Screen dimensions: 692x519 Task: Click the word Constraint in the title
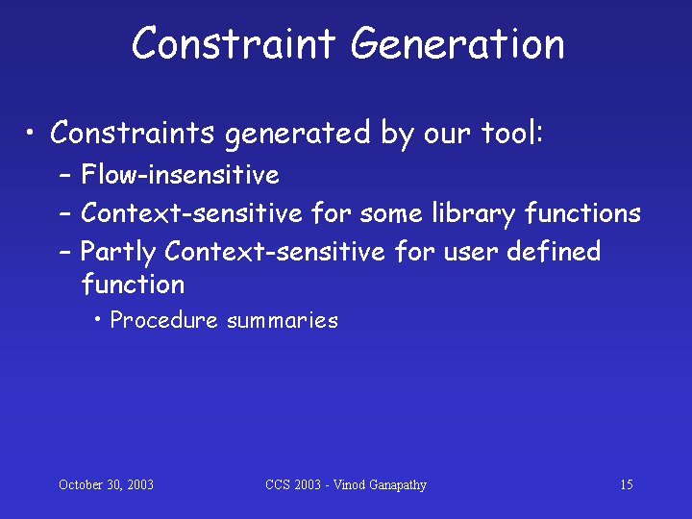233,43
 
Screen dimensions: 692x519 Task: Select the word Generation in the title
457,43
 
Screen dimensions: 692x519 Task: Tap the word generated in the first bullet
297,134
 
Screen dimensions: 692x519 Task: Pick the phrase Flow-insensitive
180,173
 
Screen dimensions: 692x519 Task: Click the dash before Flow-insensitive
65,176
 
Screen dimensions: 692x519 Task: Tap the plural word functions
582,212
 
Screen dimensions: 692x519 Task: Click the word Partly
118,253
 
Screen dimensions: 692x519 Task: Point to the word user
470,254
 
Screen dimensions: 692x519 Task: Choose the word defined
554,251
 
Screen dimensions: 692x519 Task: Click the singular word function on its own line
133,284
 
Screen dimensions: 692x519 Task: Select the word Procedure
163,319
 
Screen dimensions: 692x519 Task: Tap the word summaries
283,320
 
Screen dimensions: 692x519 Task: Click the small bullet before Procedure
97,319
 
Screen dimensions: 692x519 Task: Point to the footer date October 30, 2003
106,484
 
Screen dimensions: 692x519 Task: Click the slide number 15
627,484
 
